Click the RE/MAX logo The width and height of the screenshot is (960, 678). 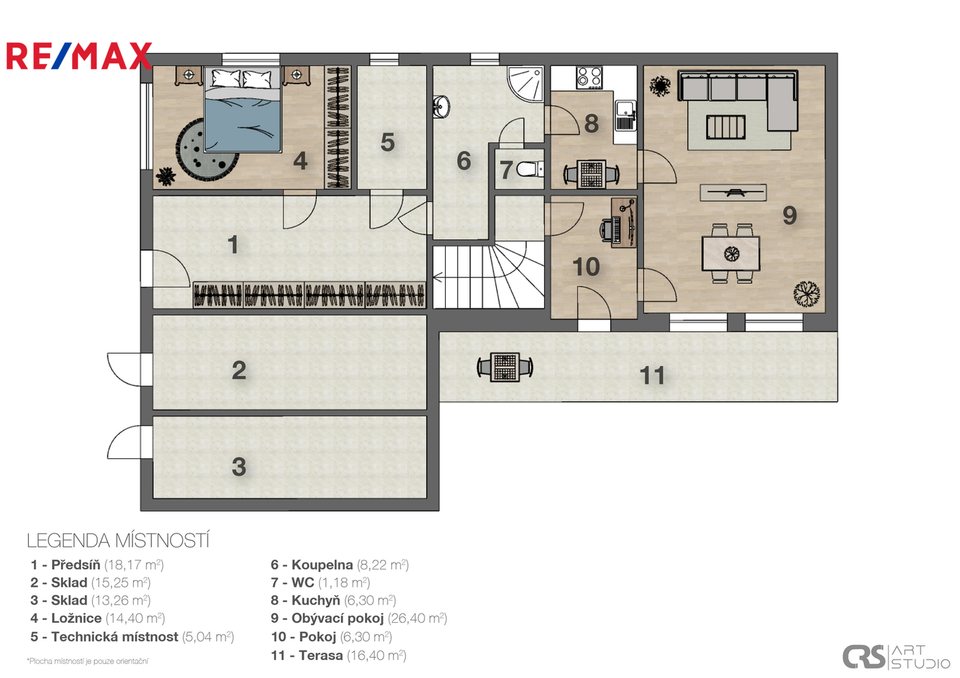coord(79,56)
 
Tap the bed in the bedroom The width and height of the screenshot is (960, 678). coord(242,109)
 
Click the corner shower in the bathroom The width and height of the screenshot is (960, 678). coord(526,84)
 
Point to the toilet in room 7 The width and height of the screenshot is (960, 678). coord(530,169)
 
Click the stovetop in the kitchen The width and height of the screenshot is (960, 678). coord(590,78)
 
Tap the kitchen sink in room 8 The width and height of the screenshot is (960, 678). coord(625,115)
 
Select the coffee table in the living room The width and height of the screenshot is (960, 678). coord(726,127)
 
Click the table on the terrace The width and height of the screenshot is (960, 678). coord(505,367)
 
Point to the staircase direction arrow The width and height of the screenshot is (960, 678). coord(438,278)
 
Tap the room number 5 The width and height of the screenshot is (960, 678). coord(387,143)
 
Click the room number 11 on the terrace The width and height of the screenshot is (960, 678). coord(652,375)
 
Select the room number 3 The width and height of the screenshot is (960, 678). coord(239,466)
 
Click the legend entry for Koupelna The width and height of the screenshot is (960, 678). coord(340,565)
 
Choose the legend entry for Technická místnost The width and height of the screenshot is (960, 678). coord(132,637)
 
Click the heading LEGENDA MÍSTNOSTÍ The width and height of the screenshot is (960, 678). coord(118,541)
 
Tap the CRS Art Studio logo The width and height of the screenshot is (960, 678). coord(896,657)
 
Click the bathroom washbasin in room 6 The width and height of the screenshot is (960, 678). coord(441,106)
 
